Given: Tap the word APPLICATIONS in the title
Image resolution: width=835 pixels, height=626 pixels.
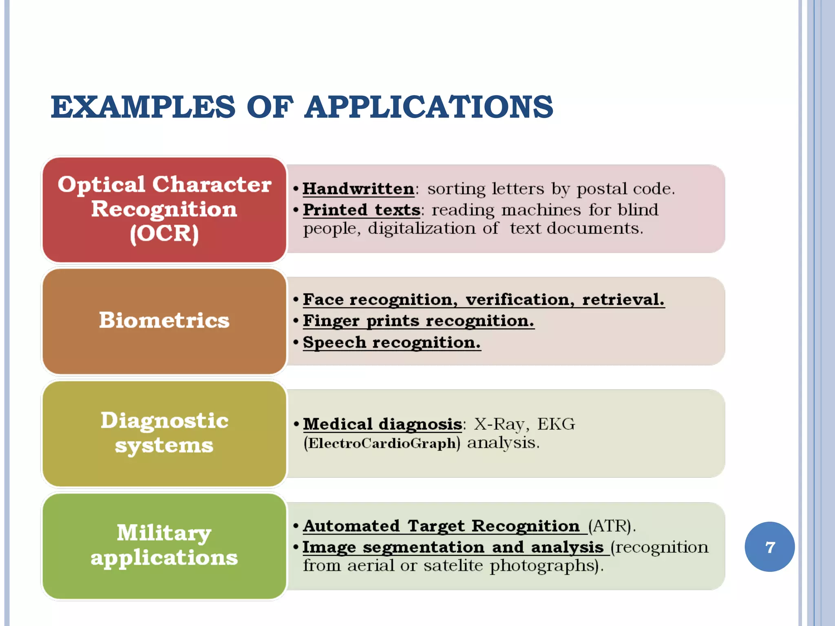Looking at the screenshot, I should click(x=429, y=107).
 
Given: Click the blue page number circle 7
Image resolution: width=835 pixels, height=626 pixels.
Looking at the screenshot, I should click(x=769, y=547).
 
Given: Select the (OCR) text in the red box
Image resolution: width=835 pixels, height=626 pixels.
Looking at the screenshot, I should click(x=164, y=234).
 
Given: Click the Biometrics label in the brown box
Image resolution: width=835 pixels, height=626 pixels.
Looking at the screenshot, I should click(x=164, y=320).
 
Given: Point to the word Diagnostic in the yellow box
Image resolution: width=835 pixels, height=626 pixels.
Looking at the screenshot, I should click(x=164, y=420).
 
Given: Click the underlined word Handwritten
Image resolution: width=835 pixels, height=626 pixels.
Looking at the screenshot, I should click(x=358, y=189).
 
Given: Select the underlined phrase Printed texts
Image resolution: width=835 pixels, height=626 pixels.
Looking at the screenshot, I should click(x=361, y=210).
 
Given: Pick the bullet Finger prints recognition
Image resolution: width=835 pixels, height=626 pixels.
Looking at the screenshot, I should click(x=418, y=321).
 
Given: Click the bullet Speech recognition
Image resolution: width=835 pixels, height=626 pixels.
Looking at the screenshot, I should click(x=391, y=342).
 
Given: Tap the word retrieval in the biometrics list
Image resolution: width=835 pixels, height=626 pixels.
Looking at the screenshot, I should click(x=623, y=300).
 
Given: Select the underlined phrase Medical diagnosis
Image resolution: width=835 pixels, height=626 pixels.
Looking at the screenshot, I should click(x=382, y=424).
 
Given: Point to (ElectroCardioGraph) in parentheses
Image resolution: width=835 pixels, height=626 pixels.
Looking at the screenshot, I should click(x=382, y=443).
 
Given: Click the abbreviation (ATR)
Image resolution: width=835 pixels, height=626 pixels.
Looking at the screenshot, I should click(x=611, y=526).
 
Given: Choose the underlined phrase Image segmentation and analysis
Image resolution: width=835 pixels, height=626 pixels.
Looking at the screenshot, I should click(x=453, y=547).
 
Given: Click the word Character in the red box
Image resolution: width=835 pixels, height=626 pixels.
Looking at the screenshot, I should click(x=212, y=184).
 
